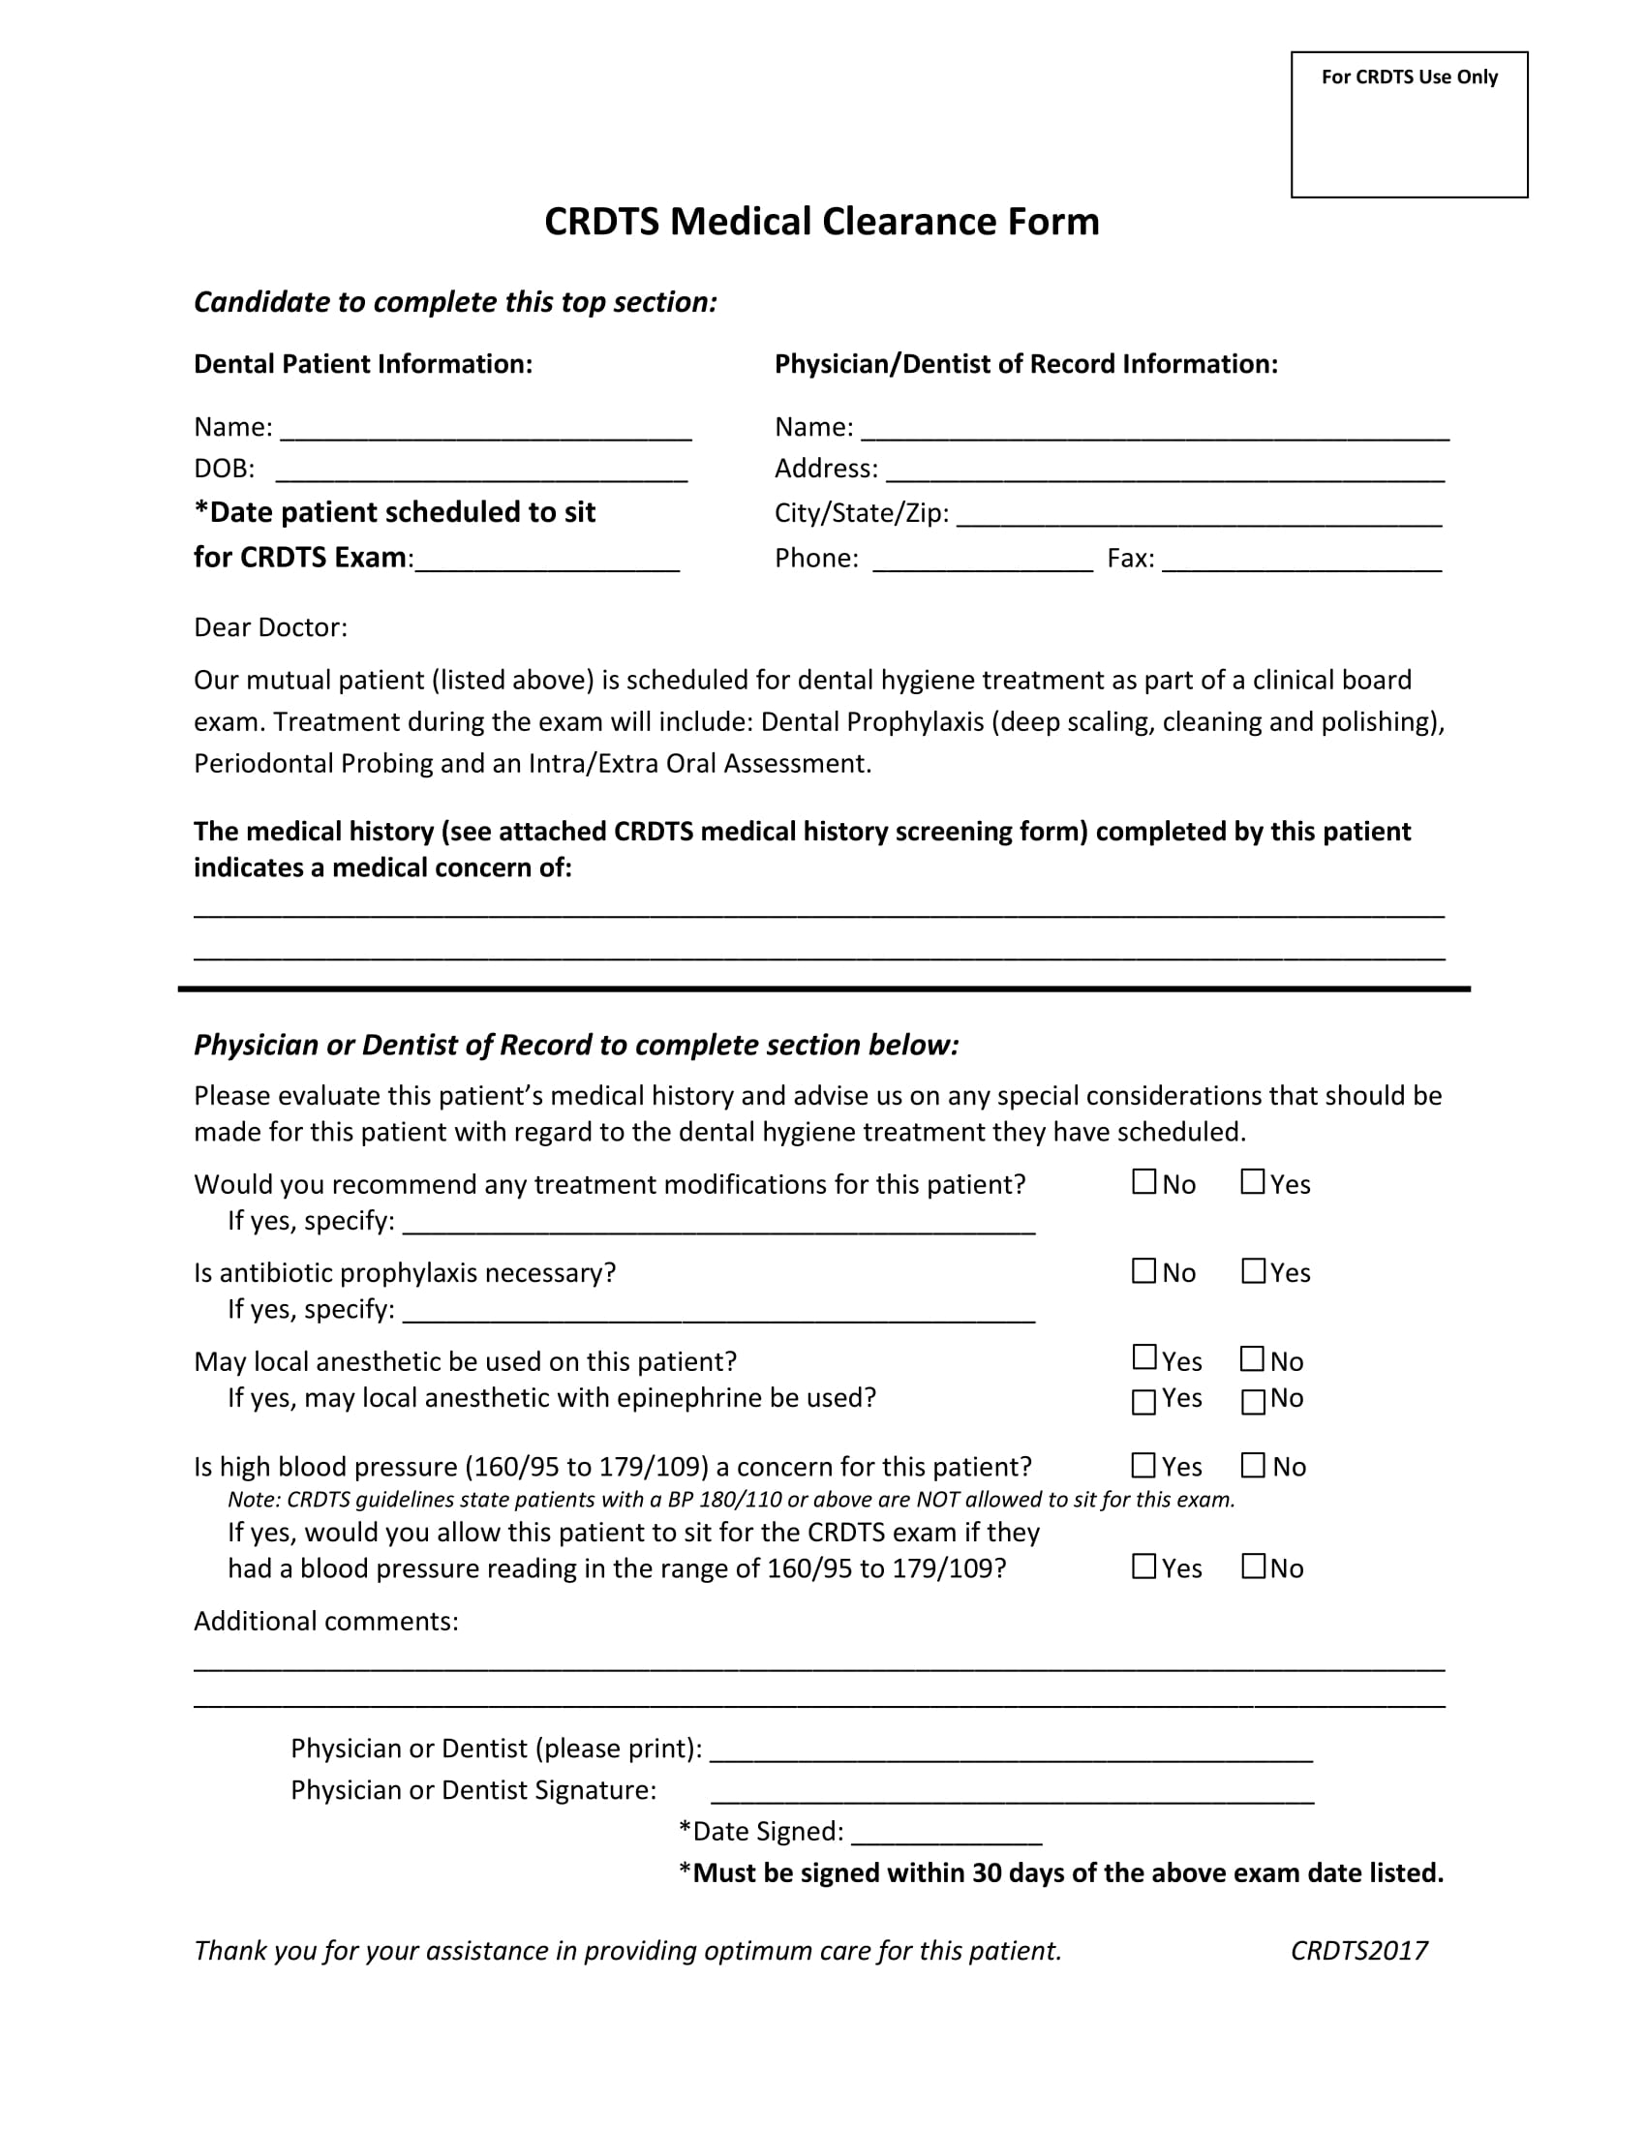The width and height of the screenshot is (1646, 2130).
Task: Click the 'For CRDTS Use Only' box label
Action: [x=1408, y=77]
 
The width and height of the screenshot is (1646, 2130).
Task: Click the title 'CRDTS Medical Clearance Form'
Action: [x=821, y=222]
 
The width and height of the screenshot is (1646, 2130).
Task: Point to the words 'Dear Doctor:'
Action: [x=270, y=627]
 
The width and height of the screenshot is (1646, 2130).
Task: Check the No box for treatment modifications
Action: [x=1143, y=1182]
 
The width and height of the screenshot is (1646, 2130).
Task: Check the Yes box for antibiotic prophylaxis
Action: [x=1253, y=1271]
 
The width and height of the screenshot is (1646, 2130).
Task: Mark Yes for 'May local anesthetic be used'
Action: [x=1143, y=1357]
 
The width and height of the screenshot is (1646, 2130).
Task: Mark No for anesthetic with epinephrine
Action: [x=1253, y=1402]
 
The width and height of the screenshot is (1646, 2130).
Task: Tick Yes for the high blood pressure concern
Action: [x=1143, y=1465]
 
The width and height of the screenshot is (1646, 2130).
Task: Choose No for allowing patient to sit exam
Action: [x=1253, y=1567]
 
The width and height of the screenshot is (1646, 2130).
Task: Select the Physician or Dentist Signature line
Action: [x=1011, y=1793]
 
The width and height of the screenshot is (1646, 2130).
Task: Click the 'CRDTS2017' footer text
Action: [x=1358, y=1951]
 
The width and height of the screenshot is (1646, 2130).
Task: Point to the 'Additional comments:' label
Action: [x=325, y=1621]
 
